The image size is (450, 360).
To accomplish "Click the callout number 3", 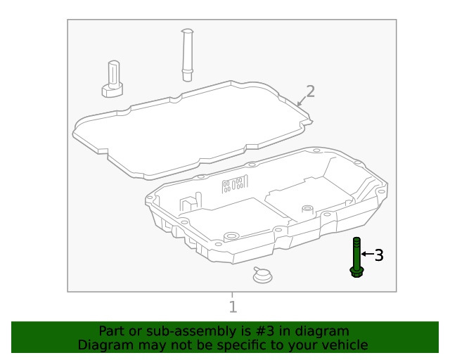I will click(379, 255).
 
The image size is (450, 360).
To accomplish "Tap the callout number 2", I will click(310, 91).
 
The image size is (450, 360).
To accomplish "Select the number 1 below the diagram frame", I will click(233, 307).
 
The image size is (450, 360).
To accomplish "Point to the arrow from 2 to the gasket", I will click(300, 103).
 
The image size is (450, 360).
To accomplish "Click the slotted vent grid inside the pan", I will click(234, 184).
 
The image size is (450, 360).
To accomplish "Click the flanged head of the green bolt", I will click(356, 271).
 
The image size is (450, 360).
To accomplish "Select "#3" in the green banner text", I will click(247, 330).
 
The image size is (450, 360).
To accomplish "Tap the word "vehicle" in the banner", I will click(345, 345).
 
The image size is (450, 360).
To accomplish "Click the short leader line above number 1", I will click(232, 295).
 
